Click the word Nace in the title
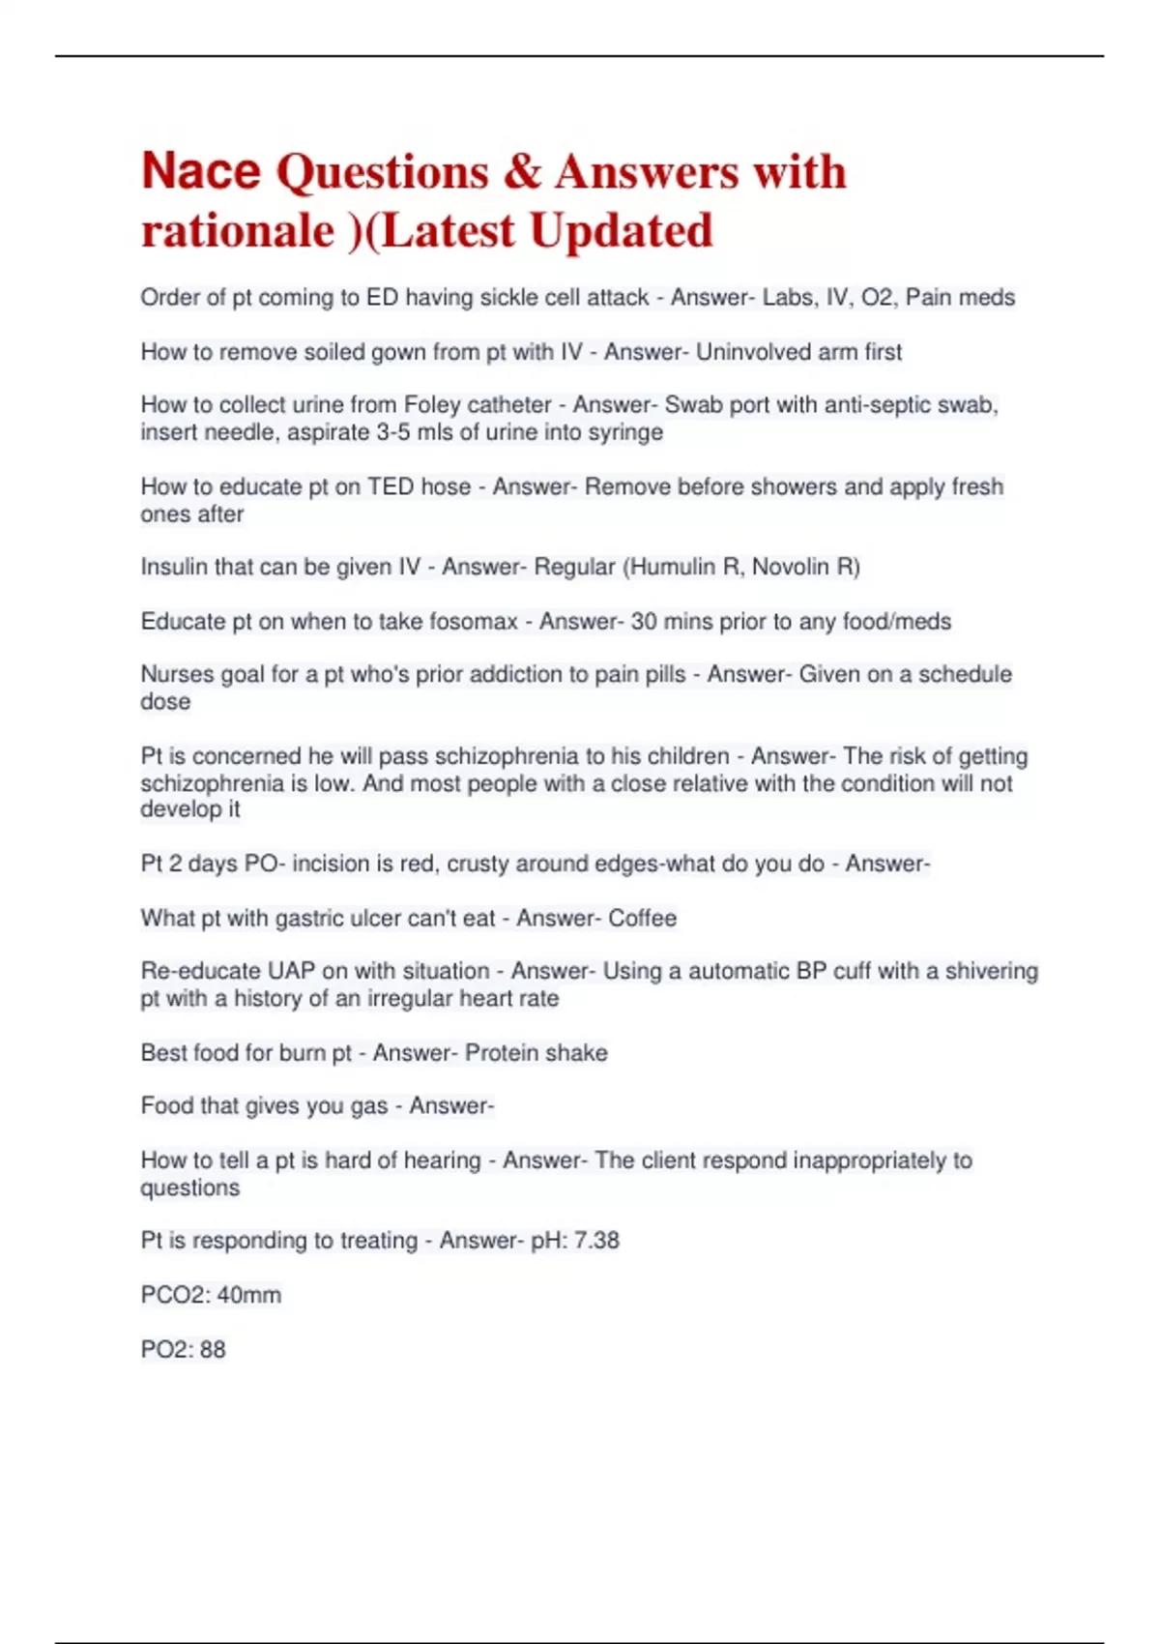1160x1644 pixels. click(201, 171)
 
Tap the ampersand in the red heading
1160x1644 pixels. click(521, 172)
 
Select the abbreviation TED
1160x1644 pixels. click(391, 486)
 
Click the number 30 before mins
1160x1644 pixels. click(644, 621)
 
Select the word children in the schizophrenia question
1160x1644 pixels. click(685, 755)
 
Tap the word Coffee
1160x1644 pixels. click(642, 918)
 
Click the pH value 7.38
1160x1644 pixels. click(596, 1241)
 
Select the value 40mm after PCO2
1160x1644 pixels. click(249, 1295)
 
